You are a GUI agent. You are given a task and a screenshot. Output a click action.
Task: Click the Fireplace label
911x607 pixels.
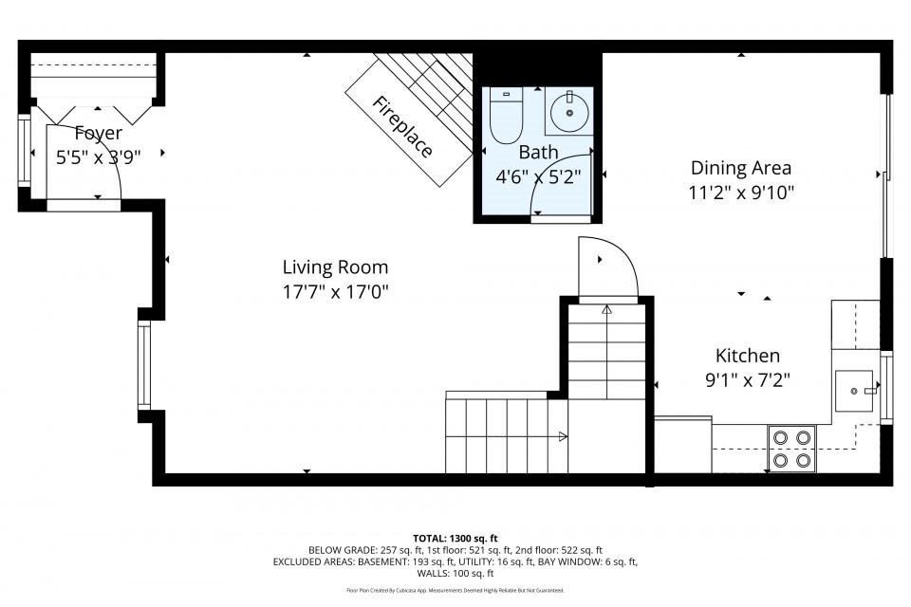(402, 128)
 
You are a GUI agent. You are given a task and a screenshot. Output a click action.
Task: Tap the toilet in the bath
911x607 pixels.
(506, 115)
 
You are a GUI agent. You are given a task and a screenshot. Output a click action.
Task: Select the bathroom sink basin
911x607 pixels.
(568, 113)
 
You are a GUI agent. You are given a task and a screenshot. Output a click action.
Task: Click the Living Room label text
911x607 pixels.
(335, 267)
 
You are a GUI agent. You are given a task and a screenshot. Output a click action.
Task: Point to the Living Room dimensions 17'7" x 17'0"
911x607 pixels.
(335, 291)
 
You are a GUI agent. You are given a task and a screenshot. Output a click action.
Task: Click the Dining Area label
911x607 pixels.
(740, 168)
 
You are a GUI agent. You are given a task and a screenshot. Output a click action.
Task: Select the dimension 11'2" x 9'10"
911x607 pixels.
(740, 192)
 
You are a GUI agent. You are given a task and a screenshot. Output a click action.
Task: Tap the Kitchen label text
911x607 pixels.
(747, 356)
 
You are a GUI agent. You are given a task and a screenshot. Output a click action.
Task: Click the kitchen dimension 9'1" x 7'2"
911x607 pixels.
(747, 379)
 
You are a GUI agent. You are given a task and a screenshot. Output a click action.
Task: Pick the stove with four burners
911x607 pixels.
(791, 449)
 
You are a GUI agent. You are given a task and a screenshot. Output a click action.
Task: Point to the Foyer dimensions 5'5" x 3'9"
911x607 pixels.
(99, 157)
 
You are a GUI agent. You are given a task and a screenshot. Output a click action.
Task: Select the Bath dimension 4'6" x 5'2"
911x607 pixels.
(537, 175)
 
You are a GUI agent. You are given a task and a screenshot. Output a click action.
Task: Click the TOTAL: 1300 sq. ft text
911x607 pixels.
(455, 538)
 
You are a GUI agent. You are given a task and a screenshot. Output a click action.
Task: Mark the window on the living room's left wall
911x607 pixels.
(144, 365)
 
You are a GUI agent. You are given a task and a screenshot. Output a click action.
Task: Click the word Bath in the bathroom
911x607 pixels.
(537, 152)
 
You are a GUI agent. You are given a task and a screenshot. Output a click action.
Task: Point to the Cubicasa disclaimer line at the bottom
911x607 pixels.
(455, 590)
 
